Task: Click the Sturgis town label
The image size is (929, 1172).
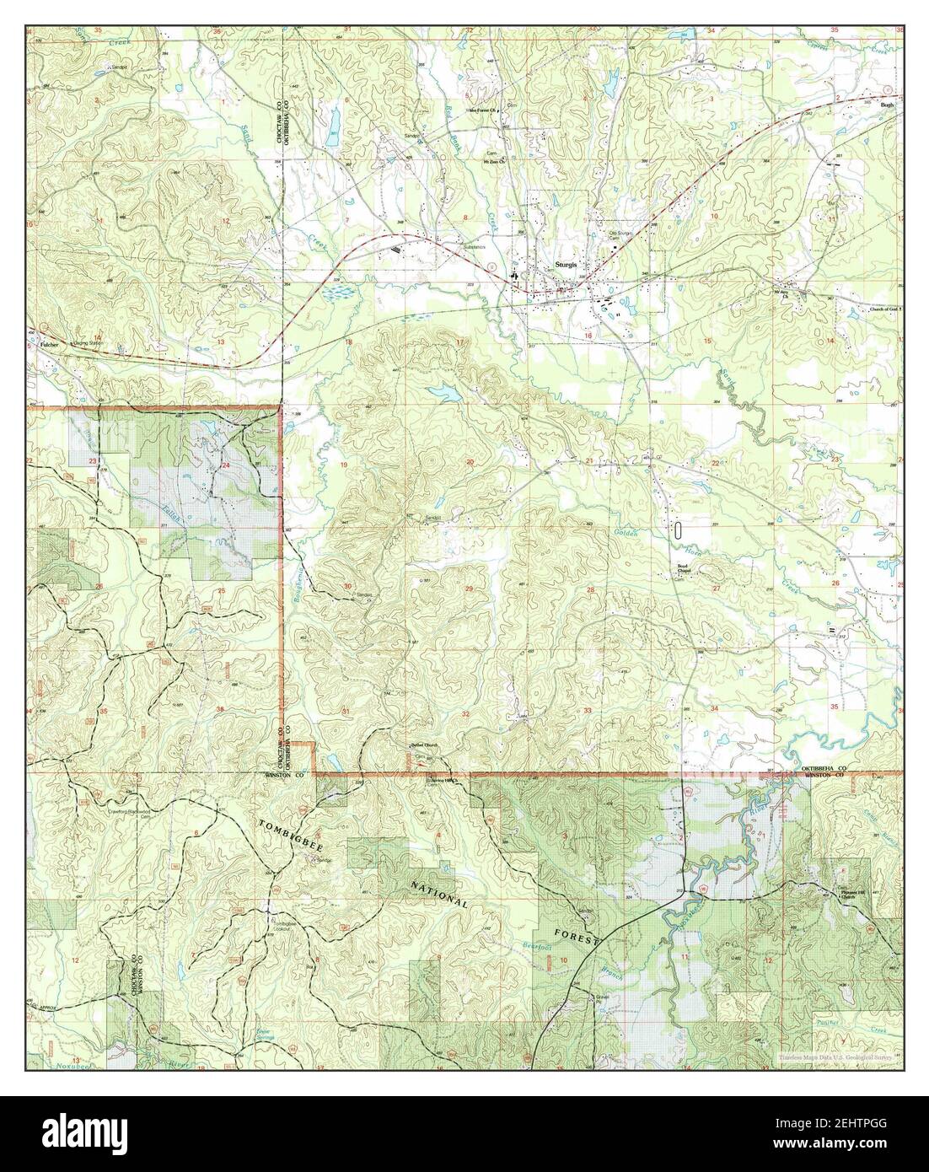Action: coord(565,265)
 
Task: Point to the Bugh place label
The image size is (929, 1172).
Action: coord(886,105)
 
